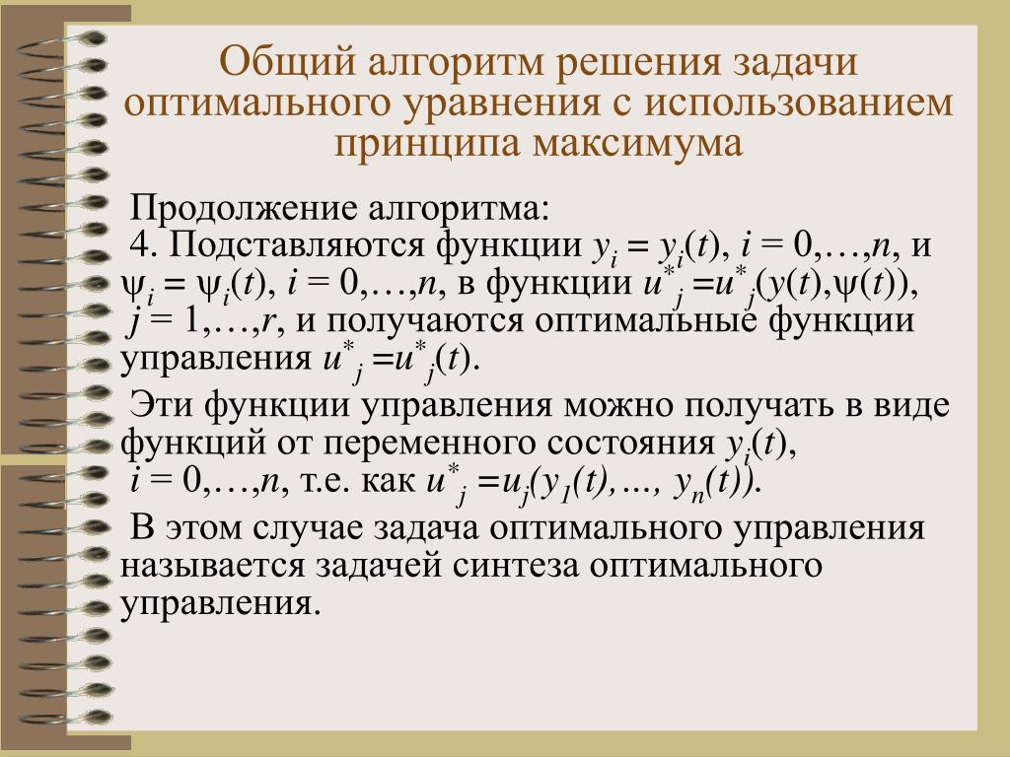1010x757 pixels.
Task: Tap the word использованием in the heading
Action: [x=799, y=102]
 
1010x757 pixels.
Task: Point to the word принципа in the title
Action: [x=427, y=144]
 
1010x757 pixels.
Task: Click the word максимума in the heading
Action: [x=638, y=143]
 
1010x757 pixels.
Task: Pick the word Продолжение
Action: [x=244, y=209]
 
